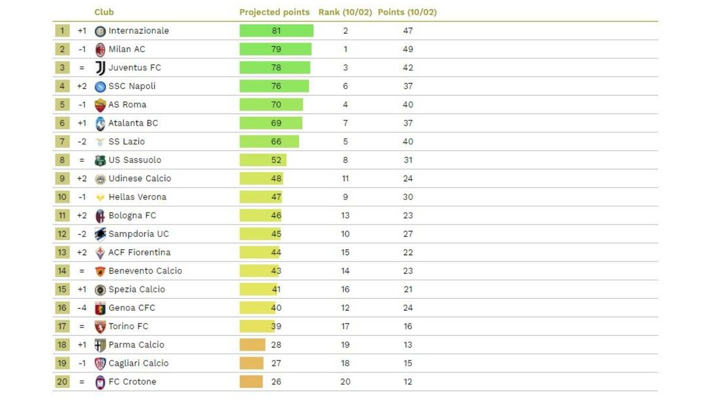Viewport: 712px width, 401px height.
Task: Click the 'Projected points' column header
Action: point(274,12)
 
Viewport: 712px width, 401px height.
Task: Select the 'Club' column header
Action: point(104,12)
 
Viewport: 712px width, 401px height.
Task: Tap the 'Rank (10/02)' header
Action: point(345,12)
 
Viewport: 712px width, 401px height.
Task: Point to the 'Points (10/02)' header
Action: point(407,12)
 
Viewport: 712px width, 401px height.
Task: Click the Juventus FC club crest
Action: point(100,68)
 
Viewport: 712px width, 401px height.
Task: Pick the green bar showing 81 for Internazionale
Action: point(276,31)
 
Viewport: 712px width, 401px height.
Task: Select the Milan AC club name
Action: point(126,49)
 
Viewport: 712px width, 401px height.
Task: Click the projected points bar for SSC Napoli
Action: point(274,86)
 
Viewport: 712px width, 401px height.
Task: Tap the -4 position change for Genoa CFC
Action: point(82,308)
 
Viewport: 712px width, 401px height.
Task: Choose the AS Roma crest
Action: point(100,105)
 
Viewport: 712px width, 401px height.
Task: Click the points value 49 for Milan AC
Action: point(408,49)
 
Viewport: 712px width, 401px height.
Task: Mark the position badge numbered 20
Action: point(62,381)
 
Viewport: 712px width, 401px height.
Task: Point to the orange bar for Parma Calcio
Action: point(252,345)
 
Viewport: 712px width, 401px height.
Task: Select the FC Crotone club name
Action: point(132,381)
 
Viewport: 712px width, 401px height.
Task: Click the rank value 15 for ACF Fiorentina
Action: point(345,252)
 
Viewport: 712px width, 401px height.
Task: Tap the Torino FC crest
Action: point(100,326)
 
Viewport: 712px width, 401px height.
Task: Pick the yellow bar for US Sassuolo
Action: point(263,160)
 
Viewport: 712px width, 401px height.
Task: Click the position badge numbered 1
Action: point(62,31)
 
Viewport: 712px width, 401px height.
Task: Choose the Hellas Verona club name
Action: point(137,197)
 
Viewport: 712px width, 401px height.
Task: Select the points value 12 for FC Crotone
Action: point(408,381)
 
